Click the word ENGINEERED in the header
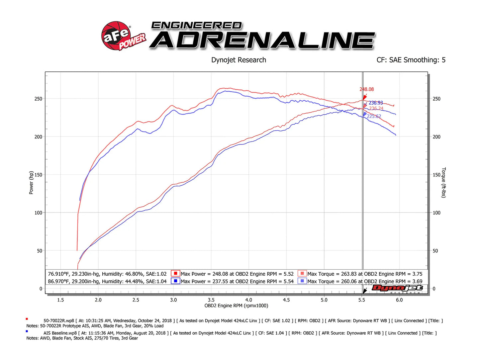coord(196,26)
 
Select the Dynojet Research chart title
coord(239,60)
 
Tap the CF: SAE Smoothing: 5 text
coord(411,60)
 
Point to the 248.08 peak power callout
coord(366,89)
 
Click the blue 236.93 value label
coord(376,103)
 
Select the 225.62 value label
coord(374,116)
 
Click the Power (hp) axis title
coord(31,183)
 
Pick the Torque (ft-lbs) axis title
coord(443,183)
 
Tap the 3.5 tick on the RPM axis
coord(211,300)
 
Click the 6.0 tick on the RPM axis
coord(399,300)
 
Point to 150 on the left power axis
coord(39,175)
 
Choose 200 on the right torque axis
coord(436,137)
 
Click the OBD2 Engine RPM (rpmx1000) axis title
coord(236,306)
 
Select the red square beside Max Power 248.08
coord(175,274)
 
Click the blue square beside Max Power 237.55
coord(175,281)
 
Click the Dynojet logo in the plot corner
coord(397,288)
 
